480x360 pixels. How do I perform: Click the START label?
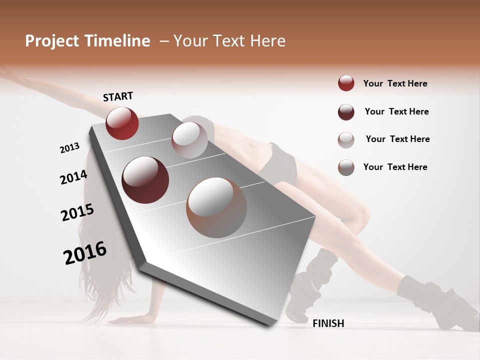118,96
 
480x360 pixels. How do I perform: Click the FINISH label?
328,323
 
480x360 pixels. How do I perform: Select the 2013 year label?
69,147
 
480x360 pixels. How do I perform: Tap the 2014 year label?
73,177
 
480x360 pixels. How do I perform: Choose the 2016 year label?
85,252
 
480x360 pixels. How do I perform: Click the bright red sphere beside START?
122,123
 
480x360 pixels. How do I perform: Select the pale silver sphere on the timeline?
189,140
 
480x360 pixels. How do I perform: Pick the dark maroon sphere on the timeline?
145,180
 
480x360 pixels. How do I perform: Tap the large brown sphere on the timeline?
216,207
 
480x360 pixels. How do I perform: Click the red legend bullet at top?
346,83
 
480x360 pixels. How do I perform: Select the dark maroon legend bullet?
346,112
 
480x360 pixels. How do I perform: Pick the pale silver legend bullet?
346,140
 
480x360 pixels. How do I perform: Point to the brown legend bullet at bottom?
346,167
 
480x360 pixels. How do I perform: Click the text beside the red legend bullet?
395,83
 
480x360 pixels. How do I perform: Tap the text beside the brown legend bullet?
395,167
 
